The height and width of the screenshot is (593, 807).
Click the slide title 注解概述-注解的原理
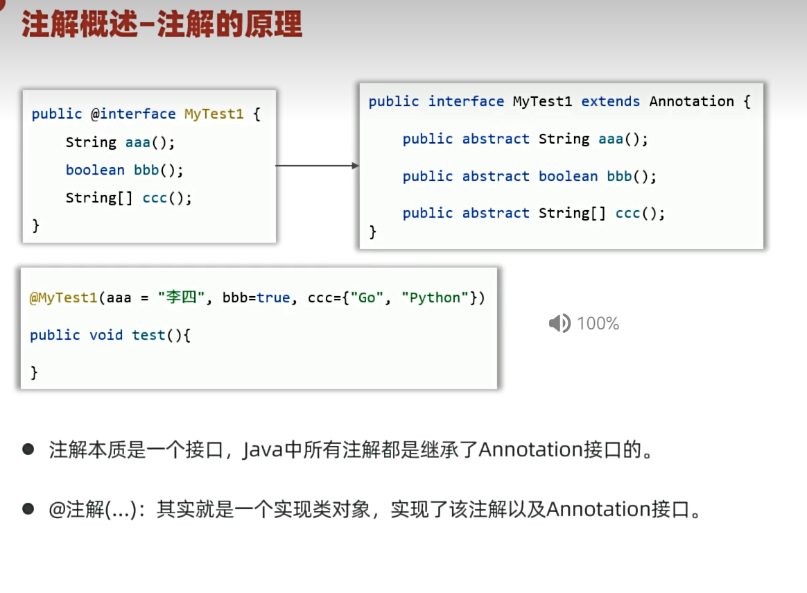(162, 25)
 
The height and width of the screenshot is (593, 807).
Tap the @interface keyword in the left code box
(133, 114)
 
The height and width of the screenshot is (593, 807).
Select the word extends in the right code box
(610, 101)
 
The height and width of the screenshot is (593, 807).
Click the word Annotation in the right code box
(692, 101)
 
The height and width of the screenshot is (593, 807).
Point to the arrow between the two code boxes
(317, 166)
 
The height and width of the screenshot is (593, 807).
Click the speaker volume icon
(559, 323)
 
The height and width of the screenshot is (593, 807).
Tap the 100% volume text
(598, 323)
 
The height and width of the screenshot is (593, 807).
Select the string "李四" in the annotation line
(181, 298)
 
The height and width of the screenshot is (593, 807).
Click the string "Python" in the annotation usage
(435, 298)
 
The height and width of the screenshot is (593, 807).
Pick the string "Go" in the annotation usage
(367, 298)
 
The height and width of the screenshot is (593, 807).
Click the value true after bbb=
(273, 298)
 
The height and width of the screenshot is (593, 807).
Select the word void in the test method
(106, 335)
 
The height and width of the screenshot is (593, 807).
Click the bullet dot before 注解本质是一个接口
(28, 449)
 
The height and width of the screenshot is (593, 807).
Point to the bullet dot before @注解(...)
(28, 509)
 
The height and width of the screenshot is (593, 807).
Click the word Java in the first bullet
(263, 450)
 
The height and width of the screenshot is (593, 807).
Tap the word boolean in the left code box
(95, 170)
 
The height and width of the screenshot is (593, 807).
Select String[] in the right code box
(572, 213)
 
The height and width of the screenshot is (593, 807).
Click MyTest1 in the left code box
(214, 114)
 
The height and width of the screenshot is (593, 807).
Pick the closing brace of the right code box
(372, 232)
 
